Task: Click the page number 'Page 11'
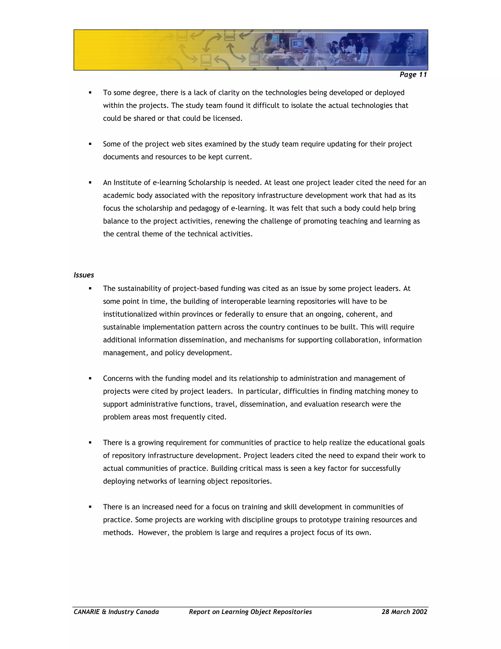[413, 75]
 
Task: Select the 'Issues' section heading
[84, 275]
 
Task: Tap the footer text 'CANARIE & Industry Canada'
[116, 612]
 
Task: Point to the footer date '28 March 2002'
[404, 612]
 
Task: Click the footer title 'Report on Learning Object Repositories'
[250, 612]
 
